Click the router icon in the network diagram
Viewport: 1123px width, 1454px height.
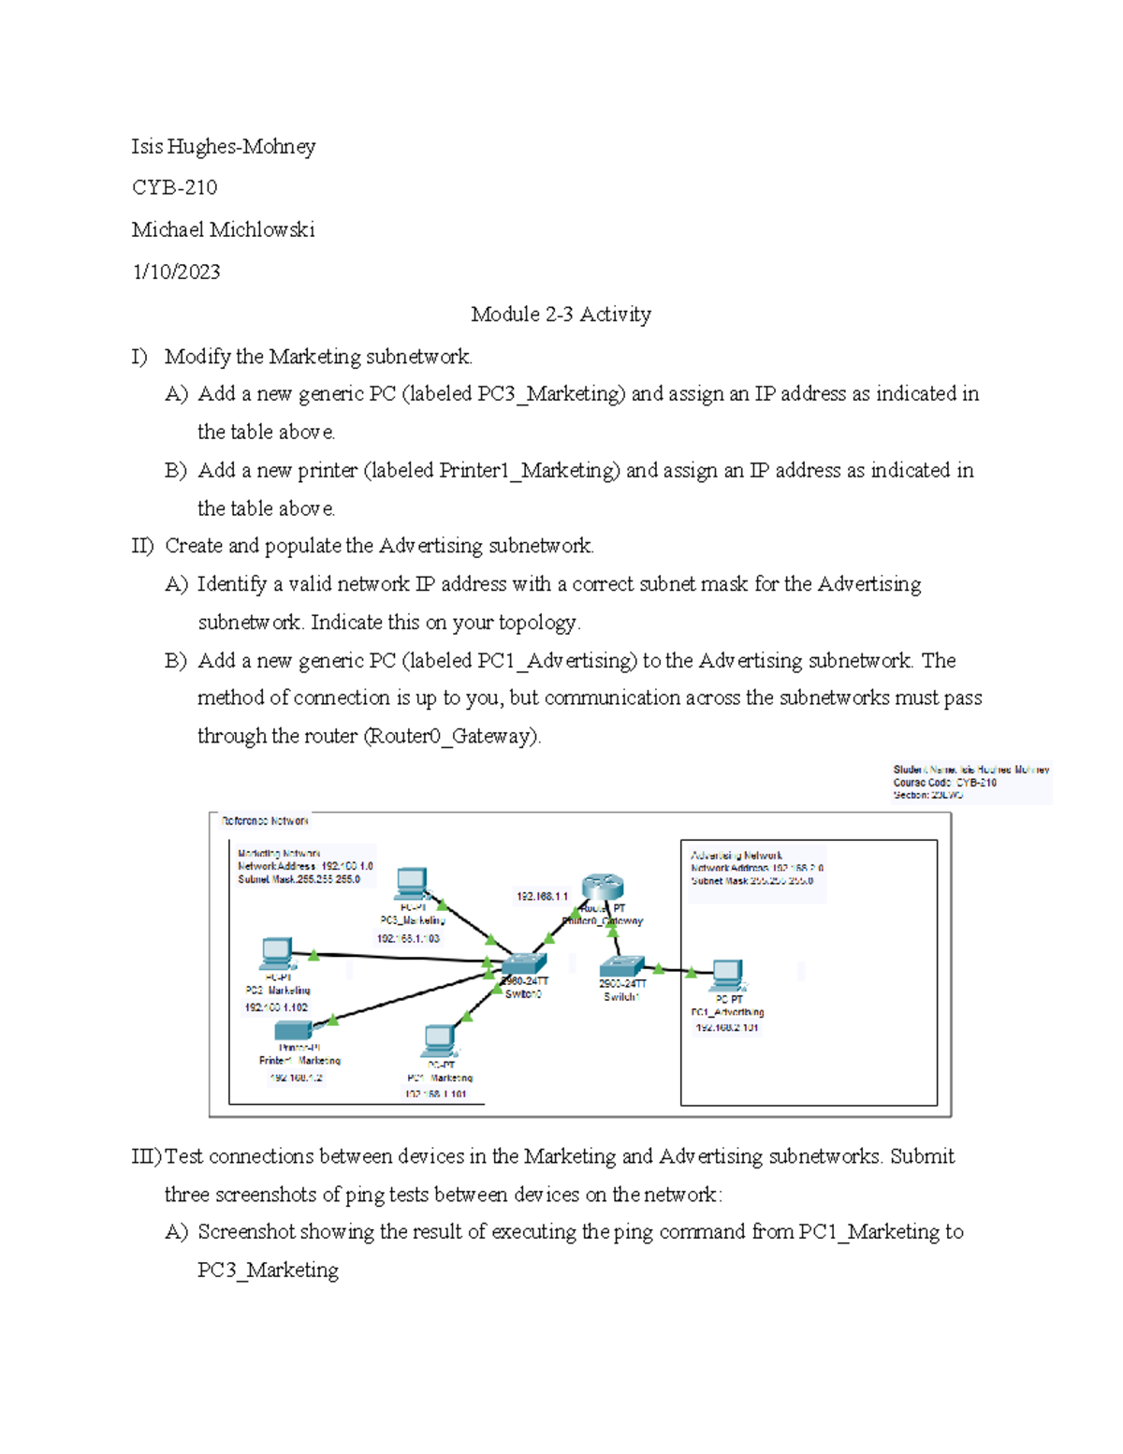(603, 886)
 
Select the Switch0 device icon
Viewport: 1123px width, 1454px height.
(523, 965)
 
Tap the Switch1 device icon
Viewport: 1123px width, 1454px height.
(622, 967)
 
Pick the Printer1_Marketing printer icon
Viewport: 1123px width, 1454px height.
(294, 1031)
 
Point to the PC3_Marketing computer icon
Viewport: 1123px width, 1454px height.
(412, 883)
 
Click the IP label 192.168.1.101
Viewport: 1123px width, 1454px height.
(437, 1094)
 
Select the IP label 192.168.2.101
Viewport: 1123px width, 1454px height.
(726, 1027)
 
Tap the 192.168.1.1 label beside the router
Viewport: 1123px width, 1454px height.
(542, 896)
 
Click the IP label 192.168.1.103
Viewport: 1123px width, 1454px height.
(408, 937)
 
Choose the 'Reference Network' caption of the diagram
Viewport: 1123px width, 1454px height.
(265, 821)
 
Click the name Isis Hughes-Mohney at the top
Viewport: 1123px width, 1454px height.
(224, 146)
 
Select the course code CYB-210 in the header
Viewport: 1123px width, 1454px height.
(175, 187)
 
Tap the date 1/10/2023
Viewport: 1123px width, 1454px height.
(177, 272)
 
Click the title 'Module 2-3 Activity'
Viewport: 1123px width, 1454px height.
(561, 314)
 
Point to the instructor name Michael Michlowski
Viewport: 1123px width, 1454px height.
(224, 229)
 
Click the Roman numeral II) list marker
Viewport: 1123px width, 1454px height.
(142, 546)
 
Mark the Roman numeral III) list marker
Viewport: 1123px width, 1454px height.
(147, 1156)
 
